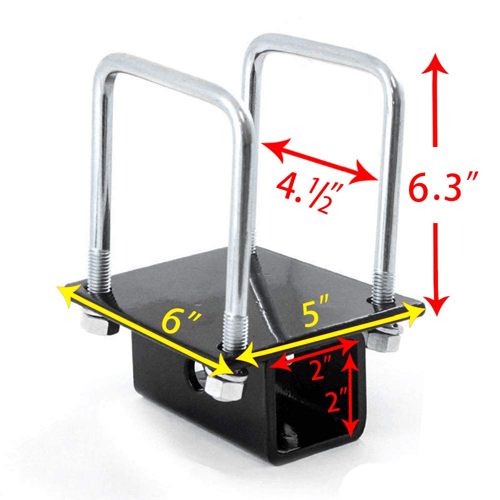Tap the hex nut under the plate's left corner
pyautogui.click(x=95, y=324)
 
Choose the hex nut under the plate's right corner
pyautogui.click(x=383, y=339)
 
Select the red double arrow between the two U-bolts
pyautogui.click(x=320, y=160)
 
